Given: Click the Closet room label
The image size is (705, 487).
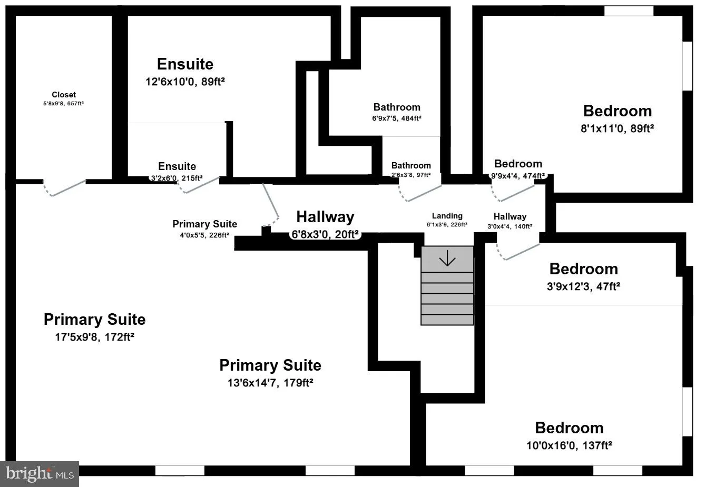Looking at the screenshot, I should click(64, 95).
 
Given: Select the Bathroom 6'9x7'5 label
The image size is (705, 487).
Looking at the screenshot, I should click(397, 107).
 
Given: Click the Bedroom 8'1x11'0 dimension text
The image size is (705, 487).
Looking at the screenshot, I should click(617, 128).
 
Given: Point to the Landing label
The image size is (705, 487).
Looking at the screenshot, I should click(447, 216).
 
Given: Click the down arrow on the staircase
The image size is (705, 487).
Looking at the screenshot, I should click(447, 259).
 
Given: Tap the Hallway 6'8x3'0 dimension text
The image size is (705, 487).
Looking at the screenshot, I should click(325, 234).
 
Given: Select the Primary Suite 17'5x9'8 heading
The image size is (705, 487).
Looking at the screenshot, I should click(94, 320).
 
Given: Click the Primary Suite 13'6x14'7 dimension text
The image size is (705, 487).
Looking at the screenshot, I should click(270, 383).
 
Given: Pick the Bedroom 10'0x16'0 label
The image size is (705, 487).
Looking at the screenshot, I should click(569, 428).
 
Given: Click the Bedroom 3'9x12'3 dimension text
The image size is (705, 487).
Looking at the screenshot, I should click(583, 286).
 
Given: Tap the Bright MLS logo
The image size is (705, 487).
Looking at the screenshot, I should click(40, 474).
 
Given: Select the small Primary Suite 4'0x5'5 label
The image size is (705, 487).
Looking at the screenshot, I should click(204, 224).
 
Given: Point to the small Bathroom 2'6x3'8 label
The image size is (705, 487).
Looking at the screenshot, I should click(411, 166).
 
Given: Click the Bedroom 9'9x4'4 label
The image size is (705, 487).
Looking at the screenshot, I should click(518, 164).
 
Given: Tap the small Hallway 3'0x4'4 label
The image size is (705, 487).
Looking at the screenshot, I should click(510, 216).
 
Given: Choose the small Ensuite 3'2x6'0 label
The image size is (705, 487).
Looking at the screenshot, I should click(177, 167).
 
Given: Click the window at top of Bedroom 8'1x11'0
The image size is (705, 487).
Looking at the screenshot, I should click(628, 11).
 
